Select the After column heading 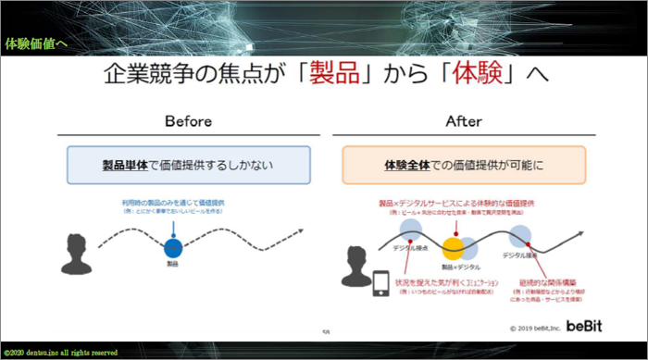(466, 122)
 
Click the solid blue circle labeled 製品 (172, 247)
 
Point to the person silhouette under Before (77, 249)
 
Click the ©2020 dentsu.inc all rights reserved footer (61, 353)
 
